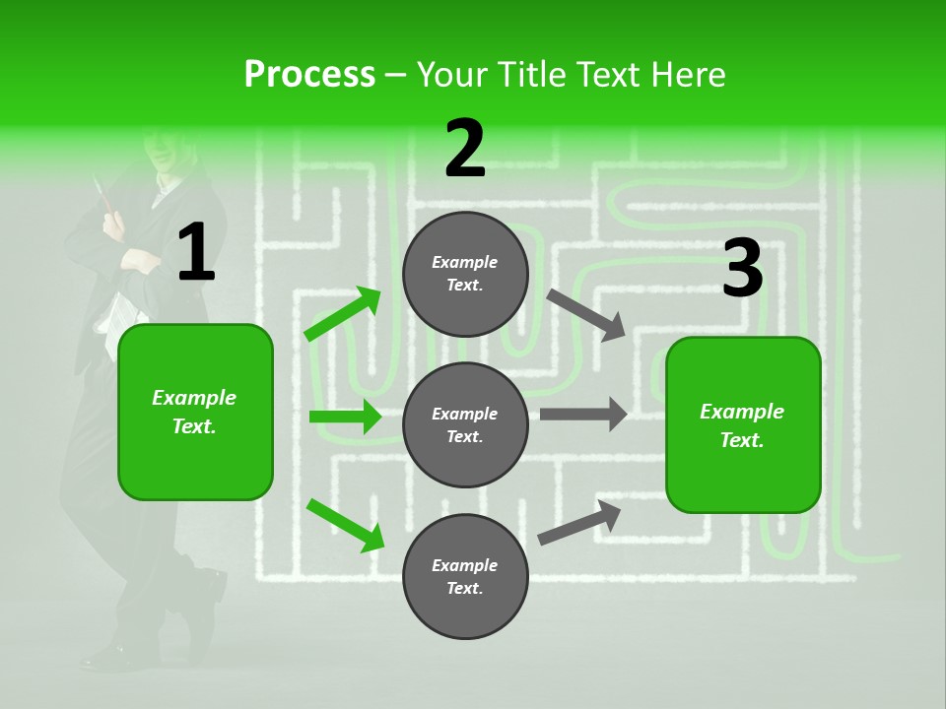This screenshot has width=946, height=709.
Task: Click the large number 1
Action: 196,254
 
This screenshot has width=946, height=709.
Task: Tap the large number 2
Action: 465,150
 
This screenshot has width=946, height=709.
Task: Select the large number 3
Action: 742,269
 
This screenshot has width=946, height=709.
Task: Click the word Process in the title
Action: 309,74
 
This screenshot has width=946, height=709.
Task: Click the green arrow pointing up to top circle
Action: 343,314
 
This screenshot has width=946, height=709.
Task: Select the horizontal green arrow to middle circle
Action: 345,417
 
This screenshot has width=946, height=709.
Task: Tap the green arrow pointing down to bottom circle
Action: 345,524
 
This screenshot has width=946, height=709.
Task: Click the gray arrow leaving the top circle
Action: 586,314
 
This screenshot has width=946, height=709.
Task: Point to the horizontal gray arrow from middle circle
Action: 583,414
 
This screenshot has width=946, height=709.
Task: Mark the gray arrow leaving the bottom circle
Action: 580,522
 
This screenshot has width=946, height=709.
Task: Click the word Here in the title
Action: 689,74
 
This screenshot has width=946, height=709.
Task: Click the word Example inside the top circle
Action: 465,262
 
